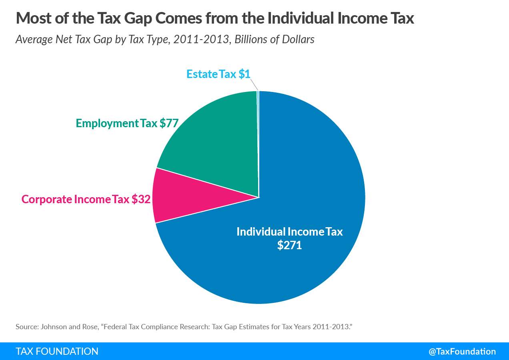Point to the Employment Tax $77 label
pyautogui.click(x=127, y=123)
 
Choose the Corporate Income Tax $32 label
pyautogui.click(x=86, y=199)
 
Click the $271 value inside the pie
pyautogui.click(x=289, y=245)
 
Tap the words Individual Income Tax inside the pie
pyautogui.click(x=289, y=232)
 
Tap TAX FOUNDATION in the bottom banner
pyautogui.click(x=57, y=352)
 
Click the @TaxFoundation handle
pyautogui.click(x=462, y=352)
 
